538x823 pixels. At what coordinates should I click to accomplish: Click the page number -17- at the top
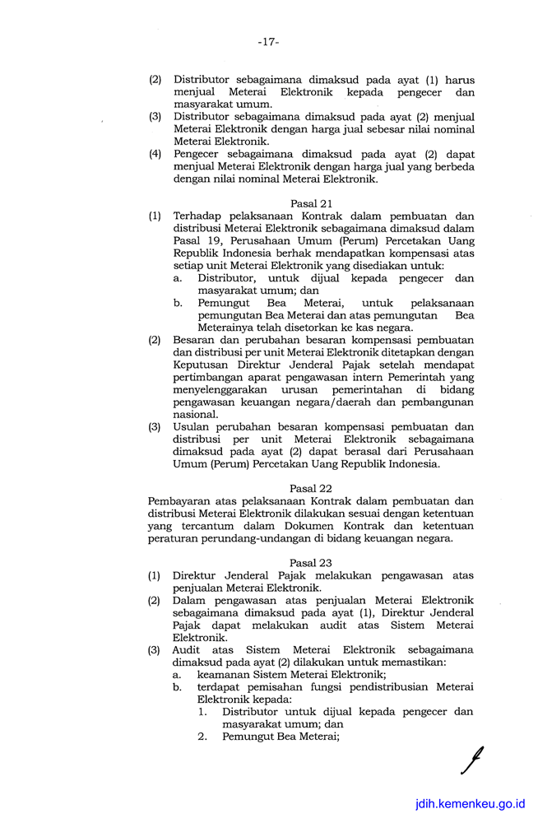pos(268,41)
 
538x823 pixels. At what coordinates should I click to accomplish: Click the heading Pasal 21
pos(310,202)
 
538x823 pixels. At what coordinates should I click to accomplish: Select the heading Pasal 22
pos(310,488)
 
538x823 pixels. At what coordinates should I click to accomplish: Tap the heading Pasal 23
pos(310,562)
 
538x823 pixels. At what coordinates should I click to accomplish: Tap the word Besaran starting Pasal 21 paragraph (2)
pos(196,339)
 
